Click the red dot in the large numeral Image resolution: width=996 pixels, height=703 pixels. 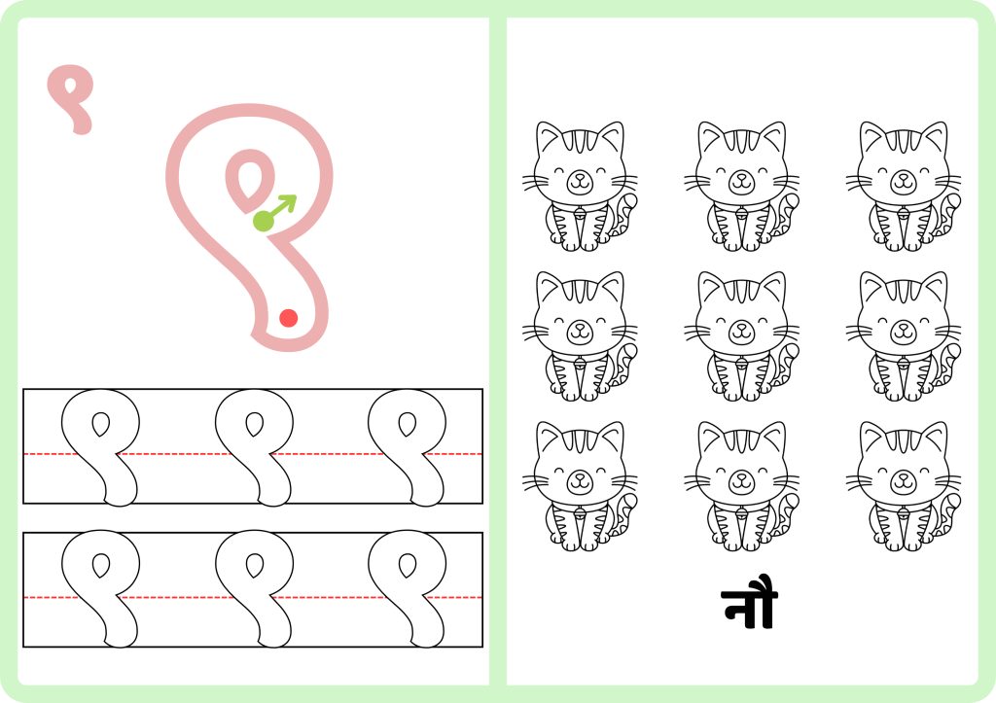coord(288,318)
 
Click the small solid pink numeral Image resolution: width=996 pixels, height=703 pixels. coord(71,99)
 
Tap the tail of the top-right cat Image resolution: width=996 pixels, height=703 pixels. coord(950,214)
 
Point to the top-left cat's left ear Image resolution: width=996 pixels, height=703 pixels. coord(548,135)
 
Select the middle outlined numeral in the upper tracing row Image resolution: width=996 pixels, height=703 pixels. coord(254,447)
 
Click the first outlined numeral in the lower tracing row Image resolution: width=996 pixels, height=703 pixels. coord(100,588)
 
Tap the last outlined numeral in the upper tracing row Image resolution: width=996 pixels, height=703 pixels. coord(408,447)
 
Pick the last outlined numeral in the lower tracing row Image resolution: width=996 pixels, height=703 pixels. coord(408,588)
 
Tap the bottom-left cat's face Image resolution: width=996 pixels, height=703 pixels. coord(580,476)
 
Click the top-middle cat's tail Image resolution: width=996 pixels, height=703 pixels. coord(788,214)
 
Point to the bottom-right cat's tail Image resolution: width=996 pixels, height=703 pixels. coord(950,513)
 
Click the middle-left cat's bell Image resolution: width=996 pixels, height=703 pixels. coord(580,363)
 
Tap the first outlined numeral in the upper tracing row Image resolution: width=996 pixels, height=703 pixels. coord(100,447)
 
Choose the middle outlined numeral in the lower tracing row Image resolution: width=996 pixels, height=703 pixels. coord(254,588)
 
